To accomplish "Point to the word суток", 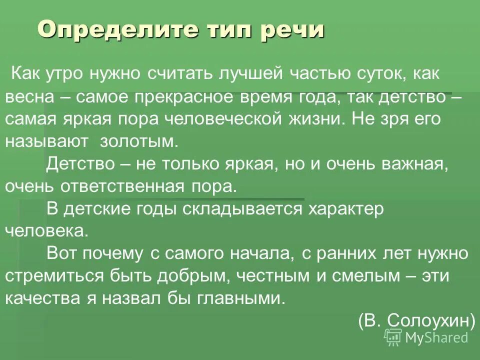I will pos(380,74).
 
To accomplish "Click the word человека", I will pos(47,230).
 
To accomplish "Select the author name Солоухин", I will pos(428,320).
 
